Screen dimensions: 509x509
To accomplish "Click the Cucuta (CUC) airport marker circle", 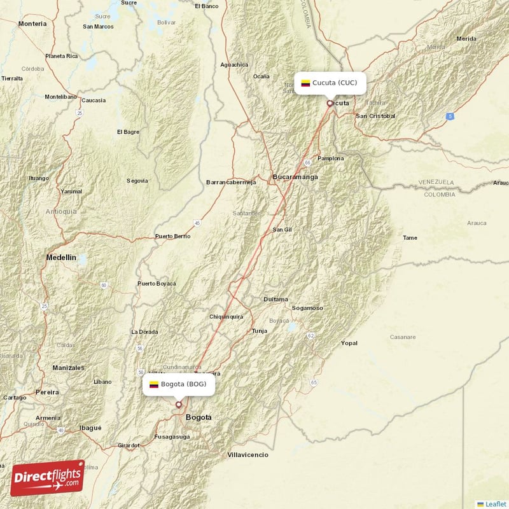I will point(330,102).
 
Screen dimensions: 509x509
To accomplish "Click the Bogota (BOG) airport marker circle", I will point(179,404).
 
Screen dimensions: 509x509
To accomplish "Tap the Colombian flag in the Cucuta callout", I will point(305,83).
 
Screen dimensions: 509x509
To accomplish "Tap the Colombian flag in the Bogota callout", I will point(154,384).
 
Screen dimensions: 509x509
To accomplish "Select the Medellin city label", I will point(61,258).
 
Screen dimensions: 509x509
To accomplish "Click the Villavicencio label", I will point(248,455).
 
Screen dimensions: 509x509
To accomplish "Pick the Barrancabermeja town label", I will point(231,182).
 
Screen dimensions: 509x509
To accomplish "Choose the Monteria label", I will point(32,24).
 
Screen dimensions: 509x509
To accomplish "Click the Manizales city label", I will point(68,368).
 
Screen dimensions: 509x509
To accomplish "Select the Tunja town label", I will point(260,331).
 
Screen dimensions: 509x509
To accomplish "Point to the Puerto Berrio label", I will point(172,236).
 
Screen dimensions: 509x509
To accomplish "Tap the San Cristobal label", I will point(375,116).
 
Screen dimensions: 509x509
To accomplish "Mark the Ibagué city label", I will point(90,428).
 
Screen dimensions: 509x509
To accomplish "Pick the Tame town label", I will point(410,237).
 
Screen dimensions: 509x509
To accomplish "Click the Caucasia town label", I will point(94,101).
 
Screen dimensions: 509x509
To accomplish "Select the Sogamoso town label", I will point(307,308).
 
